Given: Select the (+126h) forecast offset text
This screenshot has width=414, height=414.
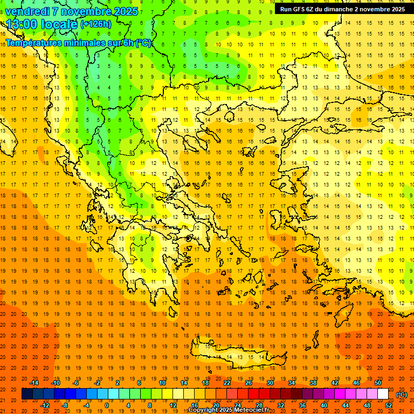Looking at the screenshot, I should pyautogui.click(x=95, y=24).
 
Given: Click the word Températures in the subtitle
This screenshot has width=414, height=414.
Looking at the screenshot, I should pyautogui.click(x=32, y=43).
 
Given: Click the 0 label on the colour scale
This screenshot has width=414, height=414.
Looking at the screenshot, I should pyautogui.click(x=107, y=405).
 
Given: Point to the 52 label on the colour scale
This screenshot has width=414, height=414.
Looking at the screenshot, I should pyautogui.click(x=389, y=405).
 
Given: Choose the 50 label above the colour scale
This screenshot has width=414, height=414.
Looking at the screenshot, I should pyautogui.click(x=378, y=383).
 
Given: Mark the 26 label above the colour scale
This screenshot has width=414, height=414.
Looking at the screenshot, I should pyautogui.click(x=249, y=383).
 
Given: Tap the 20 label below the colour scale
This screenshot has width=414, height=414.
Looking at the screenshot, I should pyautogui.click(x=216, y=405).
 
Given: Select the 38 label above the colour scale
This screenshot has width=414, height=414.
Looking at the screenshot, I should pyautogui.click(x=313, y=383).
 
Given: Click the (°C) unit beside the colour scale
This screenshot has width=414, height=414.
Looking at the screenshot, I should pyautogui.click(x=401, y=395).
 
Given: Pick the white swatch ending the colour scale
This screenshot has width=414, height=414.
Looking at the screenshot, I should pyautogui.click(x=383, y=394).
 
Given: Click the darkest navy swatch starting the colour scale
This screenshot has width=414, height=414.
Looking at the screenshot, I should pyautogui.click(x=27, y=394).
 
